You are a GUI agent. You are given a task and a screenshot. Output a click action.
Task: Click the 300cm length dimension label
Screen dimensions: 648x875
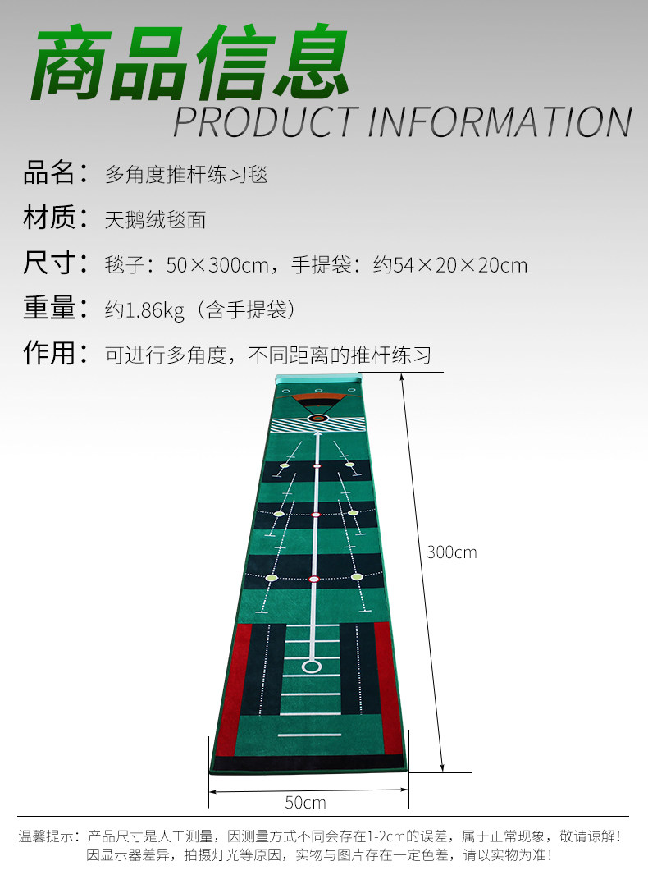point(451,552)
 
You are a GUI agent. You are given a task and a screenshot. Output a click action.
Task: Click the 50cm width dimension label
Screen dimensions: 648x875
point(306,802)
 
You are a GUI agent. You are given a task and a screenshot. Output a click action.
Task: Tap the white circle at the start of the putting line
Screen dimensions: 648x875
point(312,666)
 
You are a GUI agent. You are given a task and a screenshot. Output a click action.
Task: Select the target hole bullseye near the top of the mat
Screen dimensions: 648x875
point(318,418)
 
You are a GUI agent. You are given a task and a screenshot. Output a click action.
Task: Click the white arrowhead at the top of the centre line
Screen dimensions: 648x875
point(317,436)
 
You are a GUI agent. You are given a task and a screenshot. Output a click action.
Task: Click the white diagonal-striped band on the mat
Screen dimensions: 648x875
point(318,424)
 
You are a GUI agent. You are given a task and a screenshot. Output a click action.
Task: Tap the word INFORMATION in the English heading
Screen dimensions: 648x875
point(500,121)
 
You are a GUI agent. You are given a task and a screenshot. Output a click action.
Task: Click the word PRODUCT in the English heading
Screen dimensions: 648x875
point(265,121)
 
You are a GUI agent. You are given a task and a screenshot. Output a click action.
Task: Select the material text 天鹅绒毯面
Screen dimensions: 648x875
point(155,220)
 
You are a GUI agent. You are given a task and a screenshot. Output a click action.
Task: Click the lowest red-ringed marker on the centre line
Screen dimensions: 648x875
point(313,580)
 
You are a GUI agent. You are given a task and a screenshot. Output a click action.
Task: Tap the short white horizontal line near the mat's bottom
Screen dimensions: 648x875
point(309,735)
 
